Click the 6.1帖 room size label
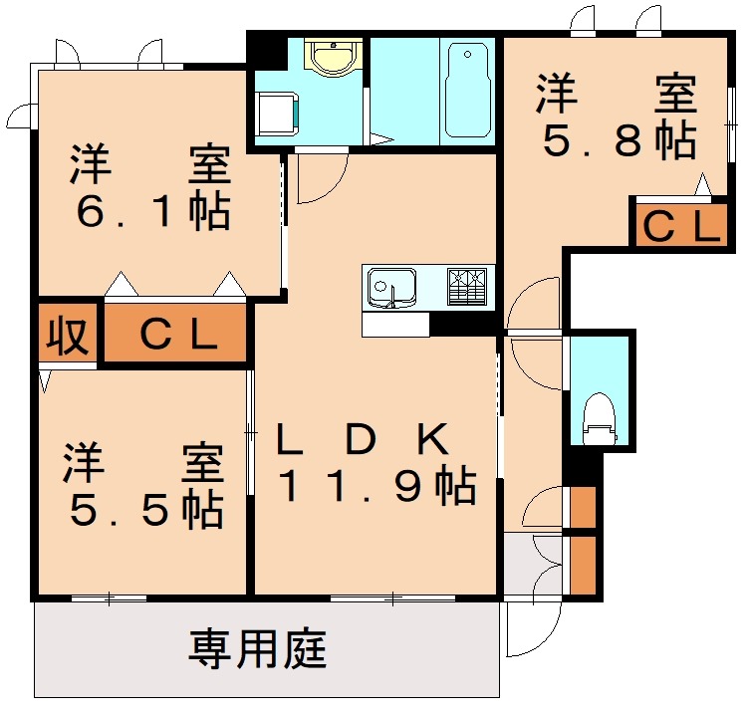point(151,212)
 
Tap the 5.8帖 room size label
point(618,141)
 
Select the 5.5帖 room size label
point(145,510)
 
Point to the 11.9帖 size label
point(375,487)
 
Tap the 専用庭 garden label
point(257,651)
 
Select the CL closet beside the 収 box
point(176,334)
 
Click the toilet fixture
point(599,419)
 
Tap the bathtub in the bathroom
point(467,90)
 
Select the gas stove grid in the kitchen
point(469,287)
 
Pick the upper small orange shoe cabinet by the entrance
point(583,507)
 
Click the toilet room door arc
point(535,362)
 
